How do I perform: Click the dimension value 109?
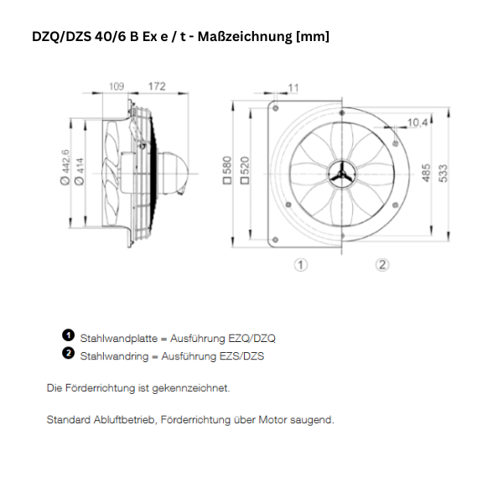pyautogui.click(x=117, y=86)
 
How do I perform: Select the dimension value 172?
pyautogui.click(x=157, y=86)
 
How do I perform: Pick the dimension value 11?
pyautogui.click(x=293, y=88)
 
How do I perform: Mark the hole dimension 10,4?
pyautogui.click(x=418, y=122)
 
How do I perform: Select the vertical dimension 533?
pyautogui.click(x=445, y=172)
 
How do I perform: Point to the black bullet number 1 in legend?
pyautogui.click(x=69, y=335)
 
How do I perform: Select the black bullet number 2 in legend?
pyautogui.click(x=69, y=353)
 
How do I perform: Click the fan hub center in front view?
pyautogui.click(x=341, y=174)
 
